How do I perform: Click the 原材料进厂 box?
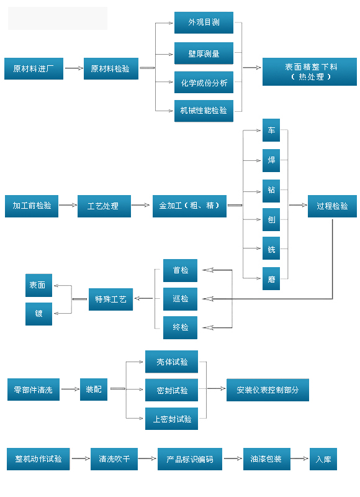(34, 68)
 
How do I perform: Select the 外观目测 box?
(204, 22)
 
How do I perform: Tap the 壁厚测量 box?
(204, 53)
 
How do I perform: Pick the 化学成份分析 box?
(204, 83)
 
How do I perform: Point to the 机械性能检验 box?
(204, 111)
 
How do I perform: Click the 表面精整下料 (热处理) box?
(310, 71)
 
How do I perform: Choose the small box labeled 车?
(271, 130)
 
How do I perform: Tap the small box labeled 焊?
(271, 160)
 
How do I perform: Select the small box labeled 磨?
(271, 278)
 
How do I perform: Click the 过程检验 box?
(333, 206)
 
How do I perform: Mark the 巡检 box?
(181, 299)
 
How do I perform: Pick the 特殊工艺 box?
(111, 299)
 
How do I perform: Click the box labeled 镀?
(38, 314)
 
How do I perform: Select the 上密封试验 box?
(171, 419)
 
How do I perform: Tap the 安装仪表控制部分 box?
(268, 390)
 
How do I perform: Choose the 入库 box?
(323, 459)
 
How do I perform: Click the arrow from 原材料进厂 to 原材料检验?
(74, 68)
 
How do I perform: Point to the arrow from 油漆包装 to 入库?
(300, 458)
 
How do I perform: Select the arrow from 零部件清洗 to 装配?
(70, 389)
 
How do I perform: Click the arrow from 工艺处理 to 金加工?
(140, 205)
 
